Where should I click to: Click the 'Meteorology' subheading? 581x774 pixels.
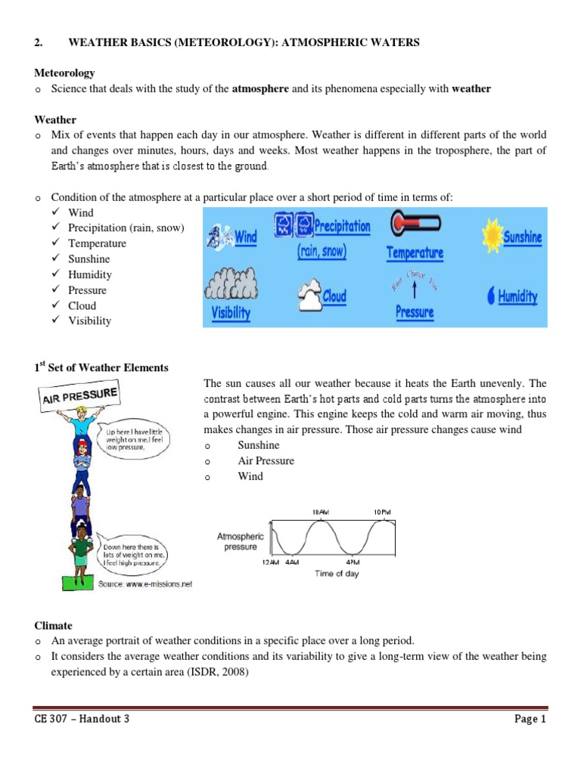point(65,73)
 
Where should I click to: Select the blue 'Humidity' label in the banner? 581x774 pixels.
point(517,297)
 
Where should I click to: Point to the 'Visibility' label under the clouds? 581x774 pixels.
point(231,313)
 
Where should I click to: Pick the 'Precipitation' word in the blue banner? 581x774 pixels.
point(342,226)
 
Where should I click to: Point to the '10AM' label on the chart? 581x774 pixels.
point(321,512)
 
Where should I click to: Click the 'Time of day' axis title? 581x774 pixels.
point(337,574)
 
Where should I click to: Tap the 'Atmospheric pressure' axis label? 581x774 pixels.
point(239,541)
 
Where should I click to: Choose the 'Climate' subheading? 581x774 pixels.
point(54,626)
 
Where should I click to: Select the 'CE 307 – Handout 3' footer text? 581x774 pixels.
point(82,719)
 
